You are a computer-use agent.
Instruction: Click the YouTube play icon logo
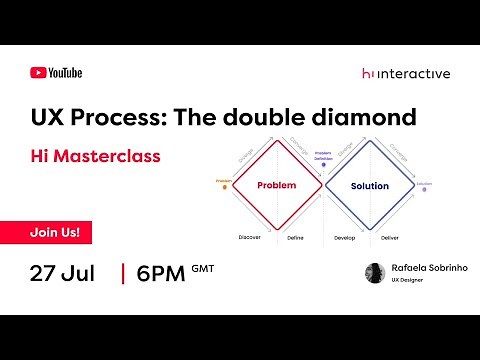click(38, 72)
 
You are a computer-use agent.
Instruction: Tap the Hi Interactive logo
click(405, 73)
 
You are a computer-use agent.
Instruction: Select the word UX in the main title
click(48, 117)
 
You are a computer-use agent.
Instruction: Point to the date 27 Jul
click(63, 273)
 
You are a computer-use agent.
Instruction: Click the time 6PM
click(160, 273)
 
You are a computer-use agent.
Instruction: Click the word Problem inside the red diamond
click(277, 186)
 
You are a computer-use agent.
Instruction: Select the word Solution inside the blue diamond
click(369, 186)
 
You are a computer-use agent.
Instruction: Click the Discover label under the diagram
click(250, 237)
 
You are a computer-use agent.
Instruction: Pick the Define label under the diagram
click(296, 237)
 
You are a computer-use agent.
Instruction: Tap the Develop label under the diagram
click(344, 237)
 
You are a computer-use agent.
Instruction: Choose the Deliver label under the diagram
click(391, 237)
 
